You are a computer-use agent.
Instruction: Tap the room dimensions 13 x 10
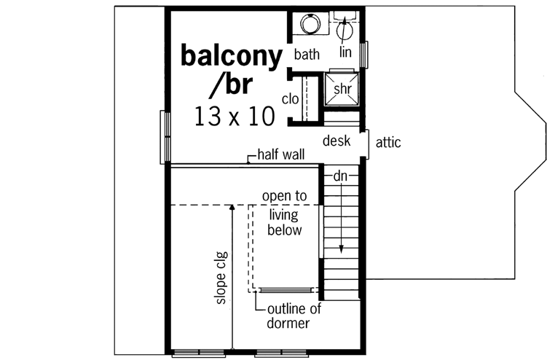[234, 116]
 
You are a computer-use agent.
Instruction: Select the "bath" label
[307, 55]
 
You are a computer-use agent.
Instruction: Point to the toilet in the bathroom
[345, 29]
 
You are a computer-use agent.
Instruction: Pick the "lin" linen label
[346, 52]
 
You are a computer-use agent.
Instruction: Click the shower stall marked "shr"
[342, 87]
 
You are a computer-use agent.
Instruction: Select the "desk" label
[337, 141]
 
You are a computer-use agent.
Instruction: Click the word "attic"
[387, 143]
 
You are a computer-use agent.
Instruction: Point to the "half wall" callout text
[280, 155]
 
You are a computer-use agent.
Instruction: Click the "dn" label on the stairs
[340, 176]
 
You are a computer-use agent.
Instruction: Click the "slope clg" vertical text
[220, 278]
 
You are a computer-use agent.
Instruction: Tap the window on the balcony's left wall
[164, 137]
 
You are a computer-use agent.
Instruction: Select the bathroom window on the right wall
[366, 53]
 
